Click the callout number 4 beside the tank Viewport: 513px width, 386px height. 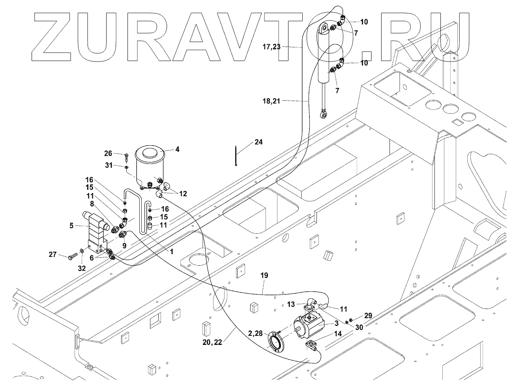tap(177, 150)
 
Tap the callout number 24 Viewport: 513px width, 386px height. tap(259, 142)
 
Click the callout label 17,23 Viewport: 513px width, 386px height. tap(271, 47)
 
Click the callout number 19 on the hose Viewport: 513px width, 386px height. tap(264, 275)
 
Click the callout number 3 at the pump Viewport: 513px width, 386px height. tap(337, 323)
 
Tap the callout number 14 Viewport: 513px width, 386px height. tap(338, 334)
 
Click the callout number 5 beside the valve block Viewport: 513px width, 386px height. tap(71, 226)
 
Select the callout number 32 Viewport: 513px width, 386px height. tap(82, 268)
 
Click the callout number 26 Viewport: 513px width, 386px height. tap(108, 153)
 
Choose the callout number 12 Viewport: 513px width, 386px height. tap(182, 194)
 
